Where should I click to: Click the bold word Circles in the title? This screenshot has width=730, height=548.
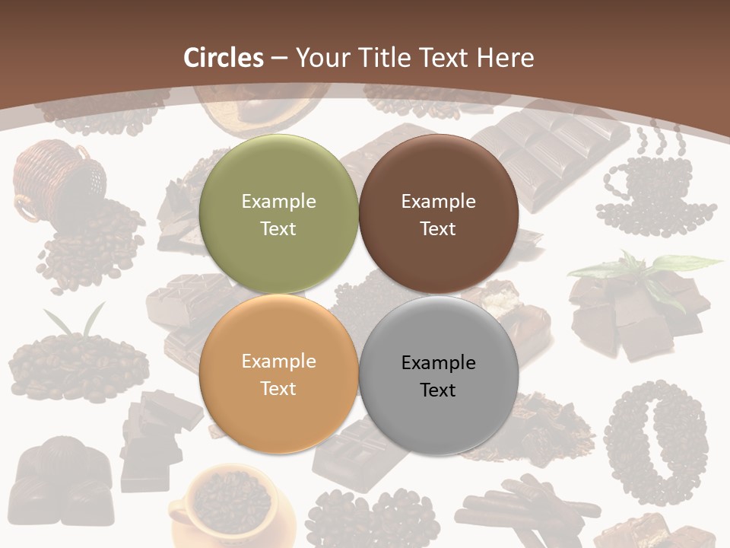tap(224, 58)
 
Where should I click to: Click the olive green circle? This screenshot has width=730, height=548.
tap(278, 214)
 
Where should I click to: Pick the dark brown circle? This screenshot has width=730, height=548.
tap(439, 214)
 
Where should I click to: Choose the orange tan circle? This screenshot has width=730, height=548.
tap(278, 374)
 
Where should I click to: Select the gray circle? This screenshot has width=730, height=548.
tap(439, 375)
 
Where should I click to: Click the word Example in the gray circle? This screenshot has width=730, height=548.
tap(438, 362)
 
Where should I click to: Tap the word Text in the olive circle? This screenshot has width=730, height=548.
tap(278, 228)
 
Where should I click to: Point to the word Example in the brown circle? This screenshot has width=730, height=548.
tap(438, 202)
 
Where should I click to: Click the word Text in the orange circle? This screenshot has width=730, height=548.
tap(278, 388)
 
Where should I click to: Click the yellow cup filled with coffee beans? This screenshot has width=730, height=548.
tap(228, 506)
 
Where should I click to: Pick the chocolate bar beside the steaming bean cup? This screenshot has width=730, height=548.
tap(547, 152)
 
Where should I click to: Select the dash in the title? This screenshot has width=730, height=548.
tap(279, 58)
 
